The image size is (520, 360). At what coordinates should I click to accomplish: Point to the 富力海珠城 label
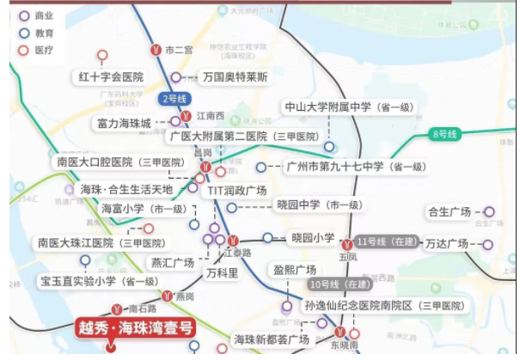tap(125, 123)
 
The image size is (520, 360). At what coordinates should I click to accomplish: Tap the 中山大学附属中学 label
tap(353, 107)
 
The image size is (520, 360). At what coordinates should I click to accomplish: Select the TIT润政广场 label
tap(236, 191)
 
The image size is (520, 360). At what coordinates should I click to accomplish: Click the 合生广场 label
tap(450, 212)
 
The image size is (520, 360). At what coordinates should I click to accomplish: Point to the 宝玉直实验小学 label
tap(98, 281)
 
